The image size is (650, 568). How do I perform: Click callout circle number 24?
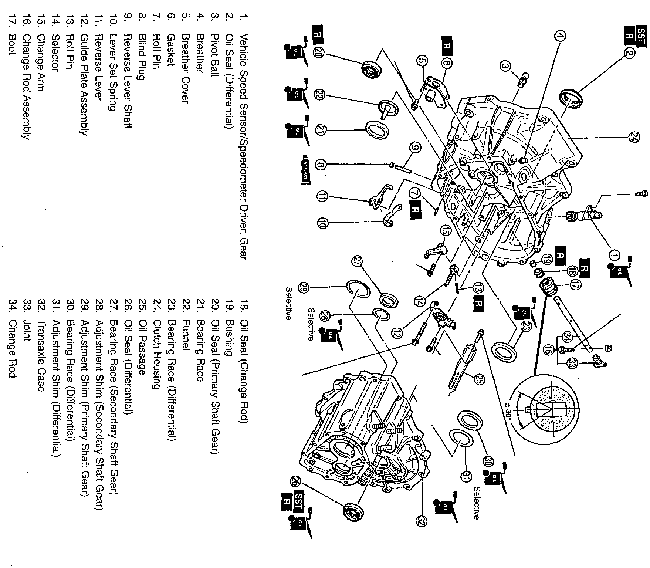point(633,138)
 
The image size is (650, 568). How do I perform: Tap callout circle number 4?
point(560,36)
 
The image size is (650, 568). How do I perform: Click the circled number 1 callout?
point(614,255)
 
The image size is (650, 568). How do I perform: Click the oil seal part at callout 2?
point(571,101)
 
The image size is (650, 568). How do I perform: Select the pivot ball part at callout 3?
point(521,81)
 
